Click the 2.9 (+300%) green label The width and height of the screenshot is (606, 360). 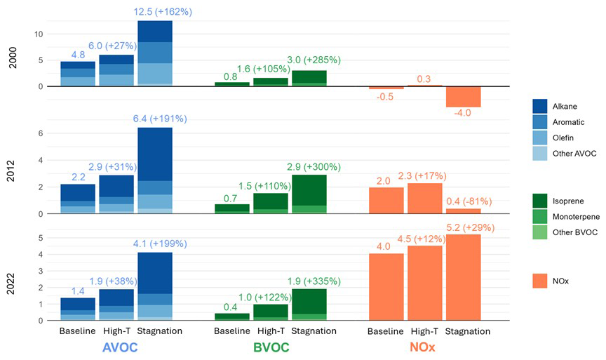click(312, 167)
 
